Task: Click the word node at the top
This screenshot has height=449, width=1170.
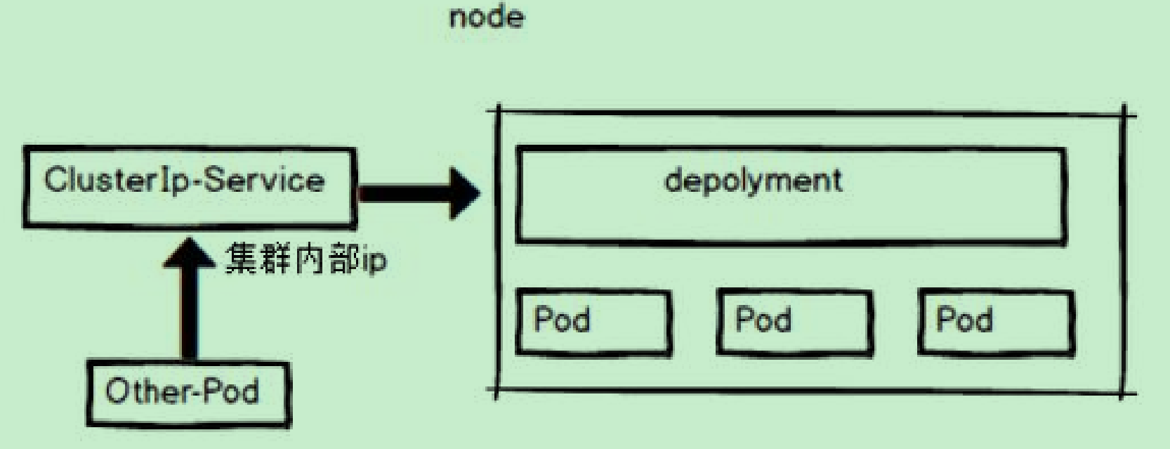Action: [486, 18]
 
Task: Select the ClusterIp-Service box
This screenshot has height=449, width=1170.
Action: [188, 188]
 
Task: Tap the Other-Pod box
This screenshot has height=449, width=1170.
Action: [188, 393]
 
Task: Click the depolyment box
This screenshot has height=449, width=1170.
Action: [791, 195]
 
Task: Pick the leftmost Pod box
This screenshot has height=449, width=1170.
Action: [593, 322]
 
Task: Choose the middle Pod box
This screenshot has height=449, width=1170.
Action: [794, 322]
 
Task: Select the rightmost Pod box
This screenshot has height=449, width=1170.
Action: [996, 322]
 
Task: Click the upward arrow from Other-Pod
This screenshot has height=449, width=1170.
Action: [188, 302]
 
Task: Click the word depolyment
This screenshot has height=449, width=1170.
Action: [753, 181]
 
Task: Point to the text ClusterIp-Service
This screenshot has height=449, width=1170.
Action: [184, 180]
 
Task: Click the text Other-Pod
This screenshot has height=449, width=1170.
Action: [182, 391]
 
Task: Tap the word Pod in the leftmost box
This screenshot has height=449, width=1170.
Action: [562, 320]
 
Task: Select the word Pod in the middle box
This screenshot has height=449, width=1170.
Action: [763, 320]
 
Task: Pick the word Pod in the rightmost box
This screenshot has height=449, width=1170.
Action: [964, 320]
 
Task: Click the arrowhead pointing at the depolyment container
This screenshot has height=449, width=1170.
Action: [464, 193]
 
